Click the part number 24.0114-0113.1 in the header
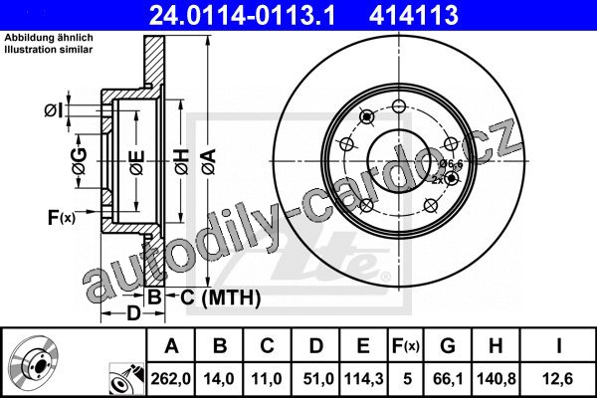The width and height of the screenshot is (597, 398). pos(242,15)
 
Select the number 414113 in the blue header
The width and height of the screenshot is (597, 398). pos(414,15)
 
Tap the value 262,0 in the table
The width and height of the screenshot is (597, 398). pos(170,378)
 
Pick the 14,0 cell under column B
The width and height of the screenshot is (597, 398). pos(219,378)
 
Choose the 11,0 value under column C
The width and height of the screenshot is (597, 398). pos(267,378)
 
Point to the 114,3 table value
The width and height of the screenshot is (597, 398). pos(363,378)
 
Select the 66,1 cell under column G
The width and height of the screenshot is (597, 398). pos(448,378)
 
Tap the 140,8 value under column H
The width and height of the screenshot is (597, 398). pos(497,378)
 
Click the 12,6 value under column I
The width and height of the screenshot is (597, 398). pos(558,378)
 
